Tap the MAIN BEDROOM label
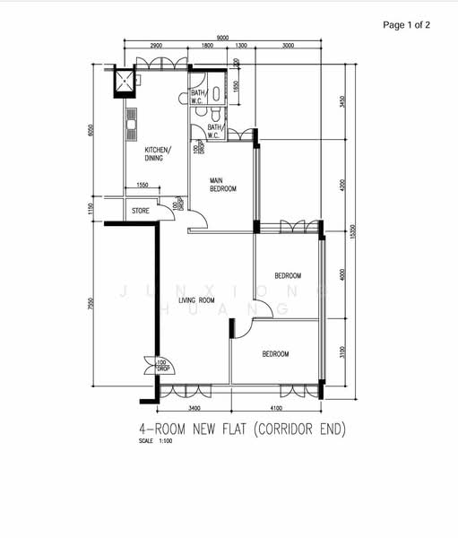pos(223,185)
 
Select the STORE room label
pos(141,211)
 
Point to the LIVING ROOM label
pos(196,300)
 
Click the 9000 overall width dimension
pos(221,37)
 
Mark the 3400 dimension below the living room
pos(194,409)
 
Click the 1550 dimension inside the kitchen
pos(143,186)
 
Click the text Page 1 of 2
pos(406,25)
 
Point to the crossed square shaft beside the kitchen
pos(121,82)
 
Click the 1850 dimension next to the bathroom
pos(236,87)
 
